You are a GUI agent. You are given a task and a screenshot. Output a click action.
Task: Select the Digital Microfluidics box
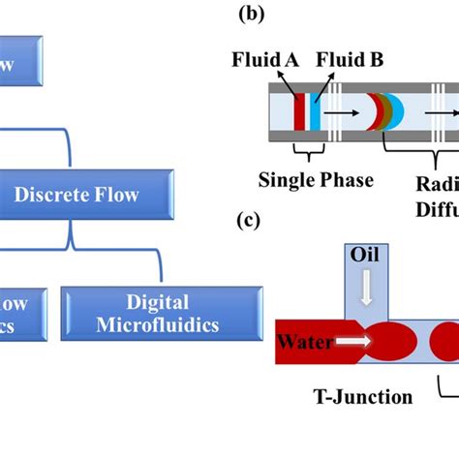coord(162,313)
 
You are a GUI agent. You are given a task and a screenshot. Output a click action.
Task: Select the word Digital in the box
coord(162,302)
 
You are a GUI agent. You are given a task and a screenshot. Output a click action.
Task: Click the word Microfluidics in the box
coord(162,323)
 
